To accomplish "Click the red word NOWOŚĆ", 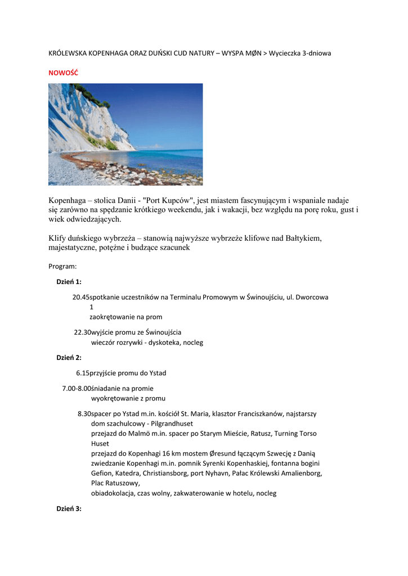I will click(x=64, y=73).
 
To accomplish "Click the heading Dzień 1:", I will click(x=69, y=282).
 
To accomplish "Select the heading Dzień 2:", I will click(x=69, y=357).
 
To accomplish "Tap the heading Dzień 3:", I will click(x=69, y=508).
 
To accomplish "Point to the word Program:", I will click(x=62, y=266).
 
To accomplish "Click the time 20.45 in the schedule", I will click(x=80, y=297).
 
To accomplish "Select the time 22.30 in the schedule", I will click(x=82, y=332).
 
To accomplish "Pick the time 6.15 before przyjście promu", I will click(x=83, y=373).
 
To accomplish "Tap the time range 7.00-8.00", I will click(x=76, y=388).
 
